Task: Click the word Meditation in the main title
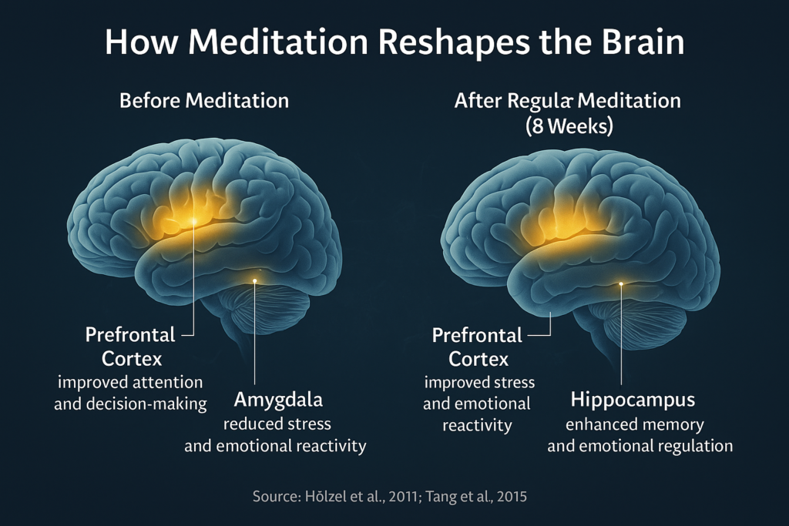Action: pos(279,42)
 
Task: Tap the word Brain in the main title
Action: pos(643,42)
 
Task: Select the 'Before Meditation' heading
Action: pos(204,101)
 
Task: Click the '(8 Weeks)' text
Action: pos(569,126)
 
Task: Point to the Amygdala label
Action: pos(278,400)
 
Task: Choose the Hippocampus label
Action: pos(633,400)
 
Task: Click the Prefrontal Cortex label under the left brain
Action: pos(131,347)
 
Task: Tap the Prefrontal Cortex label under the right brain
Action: pos(478,347)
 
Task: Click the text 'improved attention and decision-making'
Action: pos(130,393)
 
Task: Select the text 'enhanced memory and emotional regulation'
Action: pos(640,435)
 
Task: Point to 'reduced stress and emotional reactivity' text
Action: pos(275,435)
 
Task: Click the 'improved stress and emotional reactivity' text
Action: pos(478,404)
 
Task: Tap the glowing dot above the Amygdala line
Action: pos(254,280)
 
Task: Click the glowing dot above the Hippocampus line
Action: pos(621,284)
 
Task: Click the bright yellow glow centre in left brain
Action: pos(193,220)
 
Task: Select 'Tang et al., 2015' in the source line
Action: pos(476,497)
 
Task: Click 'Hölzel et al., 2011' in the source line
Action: pos(362,497)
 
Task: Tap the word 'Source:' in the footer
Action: pos(277,497)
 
